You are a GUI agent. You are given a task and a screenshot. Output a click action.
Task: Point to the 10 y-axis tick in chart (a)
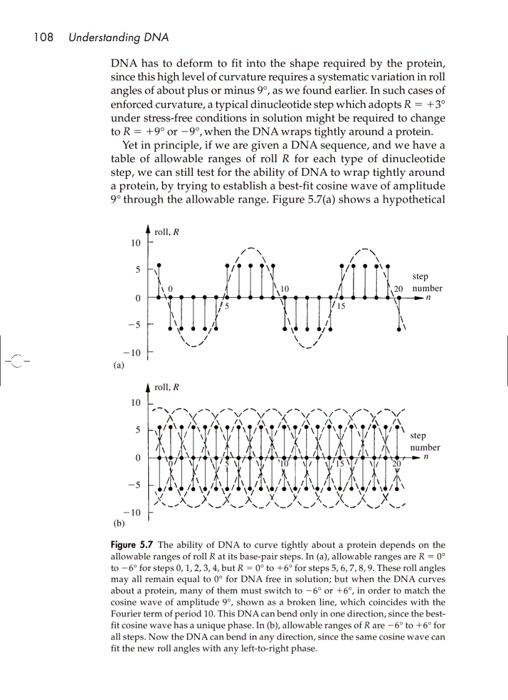coord(135,242)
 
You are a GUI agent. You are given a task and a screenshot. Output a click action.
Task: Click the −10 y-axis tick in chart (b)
coord(133,512)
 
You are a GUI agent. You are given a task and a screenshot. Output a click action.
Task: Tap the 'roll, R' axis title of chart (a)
coord(167,232)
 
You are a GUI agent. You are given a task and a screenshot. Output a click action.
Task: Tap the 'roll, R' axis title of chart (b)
coord(167,387)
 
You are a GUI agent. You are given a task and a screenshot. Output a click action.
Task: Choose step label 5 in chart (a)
coord(227,306)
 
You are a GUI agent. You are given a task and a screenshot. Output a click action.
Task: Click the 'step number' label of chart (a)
coord(426,282)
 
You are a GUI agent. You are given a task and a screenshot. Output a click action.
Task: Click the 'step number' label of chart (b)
coord(425,442)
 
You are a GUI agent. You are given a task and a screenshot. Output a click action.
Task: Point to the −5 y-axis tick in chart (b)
coord(134,484)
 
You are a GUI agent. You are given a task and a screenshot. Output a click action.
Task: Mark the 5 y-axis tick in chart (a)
coord(138,270)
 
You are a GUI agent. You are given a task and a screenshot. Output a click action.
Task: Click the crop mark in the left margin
coord(19,360)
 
